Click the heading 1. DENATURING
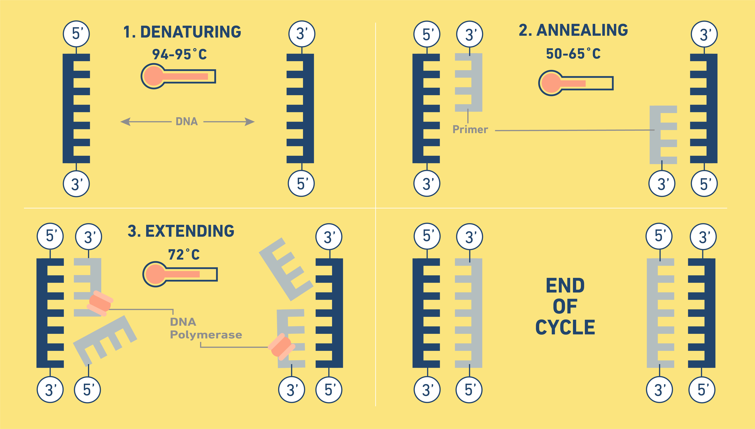pos(182,32)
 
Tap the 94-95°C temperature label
pos(179,54)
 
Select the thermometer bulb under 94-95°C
pos(153,76)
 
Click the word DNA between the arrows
pos(187,121)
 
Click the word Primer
pos(470,129)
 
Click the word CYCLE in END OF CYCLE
pos(565,327)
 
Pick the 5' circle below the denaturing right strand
pos(301,184)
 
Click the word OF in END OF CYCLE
pos(565,306)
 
